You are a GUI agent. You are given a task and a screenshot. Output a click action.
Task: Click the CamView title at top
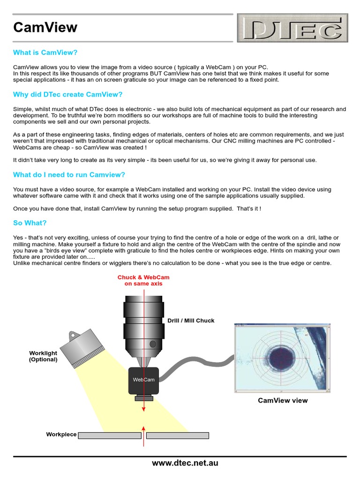point(45,28)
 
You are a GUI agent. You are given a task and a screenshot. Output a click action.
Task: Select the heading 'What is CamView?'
point(45,52)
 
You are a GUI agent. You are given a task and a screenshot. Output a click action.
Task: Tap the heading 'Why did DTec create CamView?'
point(67,95)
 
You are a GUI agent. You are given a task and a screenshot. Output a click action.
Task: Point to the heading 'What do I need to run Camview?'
point(69,175)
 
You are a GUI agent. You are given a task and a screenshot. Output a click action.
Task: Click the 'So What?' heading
point(30,223)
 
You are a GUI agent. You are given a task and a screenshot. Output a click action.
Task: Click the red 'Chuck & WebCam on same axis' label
point(143,280)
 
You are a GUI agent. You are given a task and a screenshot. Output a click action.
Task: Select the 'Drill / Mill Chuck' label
point(191,321)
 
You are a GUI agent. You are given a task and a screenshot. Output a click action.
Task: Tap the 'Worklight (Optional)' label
point(43,356)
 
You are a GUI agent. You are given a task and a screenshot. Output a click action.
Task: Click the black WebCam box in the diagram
point(143,380)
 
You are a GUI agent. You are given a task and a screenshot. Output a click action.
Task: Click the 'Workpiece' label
point(61,435)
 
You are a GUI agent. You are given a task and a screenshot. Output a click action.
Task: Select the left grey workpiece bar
point(110,435)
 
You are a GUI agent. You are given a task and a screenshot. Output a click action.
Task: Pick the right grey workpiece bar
point(177,435)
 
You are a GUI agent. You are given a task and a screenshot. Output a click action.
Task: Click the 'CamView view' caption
point(283,400)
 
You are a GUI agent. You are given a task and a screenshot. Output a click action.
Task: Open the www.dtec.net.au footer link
point(185,463)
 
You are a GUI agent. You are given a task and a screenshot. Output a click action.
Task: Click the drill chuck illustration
point(143,328)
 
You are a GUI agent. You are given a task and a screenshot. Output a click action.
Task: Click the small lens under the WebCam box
point(143,398)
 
